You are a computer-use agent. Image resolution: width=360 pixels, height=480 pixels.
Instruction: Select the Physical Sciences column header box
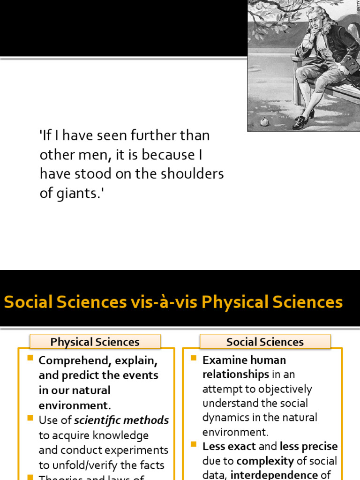(95, 342)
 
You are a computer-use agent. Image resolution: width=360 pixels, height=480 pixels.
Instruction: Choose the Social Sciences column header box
(265, 342)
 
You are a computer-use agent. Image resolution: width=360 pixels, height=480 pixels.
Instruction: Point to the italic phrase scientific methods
(121, 420)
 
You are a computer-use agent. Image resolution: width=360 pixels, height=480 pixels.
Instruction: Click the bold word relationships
(236, 375)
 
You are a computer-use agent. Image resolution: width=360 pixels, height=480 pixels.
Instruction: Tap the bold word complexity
(265, 461)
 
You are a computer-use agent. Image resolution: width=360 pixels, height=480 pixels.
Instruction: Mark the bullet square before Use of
(30, 418)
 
